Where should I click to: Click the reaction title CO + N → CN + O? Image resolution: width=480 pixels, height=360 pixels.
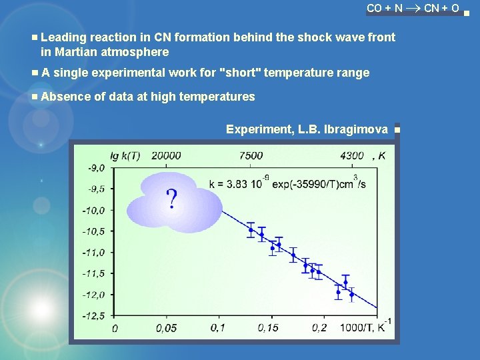coord(413,9)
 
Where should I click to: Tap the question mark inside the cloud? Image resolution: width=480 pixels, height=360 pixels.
coord(172,198)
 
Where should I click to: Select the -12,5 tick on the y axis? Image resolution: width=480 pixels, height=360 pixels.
coord(96,315)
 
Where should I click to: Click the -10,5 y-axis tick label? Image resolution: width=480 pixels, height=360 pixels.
coord(96,231)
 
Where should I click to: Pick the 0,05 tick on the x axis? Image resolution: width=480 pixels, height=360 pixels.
coord(167,328)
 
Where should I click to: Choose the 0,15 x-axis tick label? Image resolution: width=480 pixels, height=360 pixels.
coord(268,328)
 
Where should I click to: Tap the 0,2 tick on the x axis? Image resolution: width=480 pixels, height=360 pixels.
coord(320,328)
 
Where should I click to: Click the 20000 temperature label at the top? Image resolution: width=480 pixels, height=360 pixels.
coord(166,155)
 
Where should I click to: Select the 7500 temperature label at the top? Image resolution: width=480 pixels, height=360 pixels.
coord(251,155)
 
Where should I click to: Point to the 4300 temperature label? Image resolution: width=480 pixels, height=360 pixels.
coord(352,155)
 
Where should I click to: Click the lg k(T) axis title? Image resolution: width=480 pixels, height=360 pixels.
coord(125,155)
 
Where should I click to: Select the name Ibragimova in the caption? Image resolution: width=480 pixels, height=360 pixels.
coord(355,129)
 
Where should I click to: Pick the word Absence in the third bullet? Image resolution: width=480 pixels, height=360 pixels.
coord(66,97)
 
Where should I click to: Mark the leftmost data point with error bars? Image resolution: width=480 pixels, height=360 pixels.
coord(251,230)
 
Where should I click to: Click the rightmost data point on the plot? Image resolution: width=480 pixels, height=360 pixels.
coord(352,294)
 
